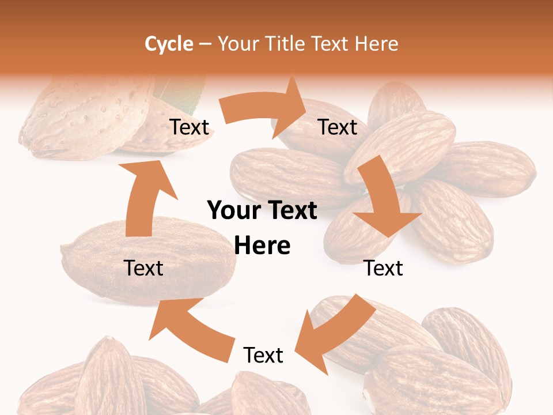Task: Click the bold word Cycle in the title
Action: click(169, 44)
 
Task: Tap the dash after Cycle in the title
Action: click(205, 44)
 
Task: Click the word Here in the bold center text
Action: click(262, 246)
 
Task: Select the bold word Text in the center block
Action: click(290, 211)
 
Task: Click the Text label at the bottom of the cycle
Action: click(263, 356)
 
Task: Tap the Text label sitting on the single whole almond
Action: click(143, 268)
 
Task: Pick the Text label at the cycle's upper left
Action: click(189, 127)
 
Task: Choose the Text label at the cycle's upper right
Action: click(338, 127)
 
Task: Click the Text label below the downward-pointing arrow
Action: click(383, 268)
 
